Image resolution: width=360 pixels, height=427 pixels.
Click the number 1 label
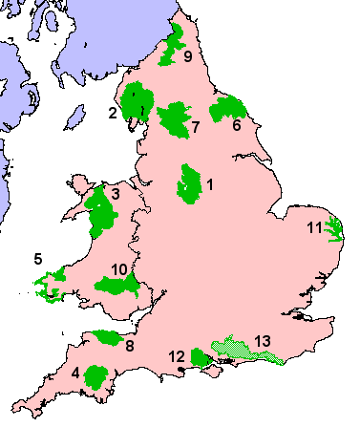209,182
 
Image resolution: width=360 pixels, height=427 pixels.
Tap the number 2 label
113,114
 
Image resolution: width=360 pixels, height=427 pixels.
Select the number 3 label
114,195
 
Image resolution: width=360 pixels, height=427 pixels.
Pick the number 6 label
235,124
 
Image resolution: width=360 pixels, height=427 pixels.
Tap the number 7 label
195,126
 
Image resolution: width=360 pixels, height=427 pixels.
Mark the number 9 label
188,57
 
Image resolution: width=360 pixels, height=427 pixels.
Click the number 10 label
118,269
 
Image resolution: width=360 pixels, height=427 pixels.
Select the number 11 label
314,227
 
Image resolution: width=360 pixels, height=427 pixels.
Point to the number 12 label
177,356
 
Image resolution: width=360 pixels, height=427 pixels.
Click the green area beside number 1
189,182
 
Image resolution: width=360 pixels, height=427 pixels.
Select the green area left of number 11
333,229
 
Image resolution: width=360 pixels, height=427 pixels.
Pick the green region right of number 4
96,375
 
